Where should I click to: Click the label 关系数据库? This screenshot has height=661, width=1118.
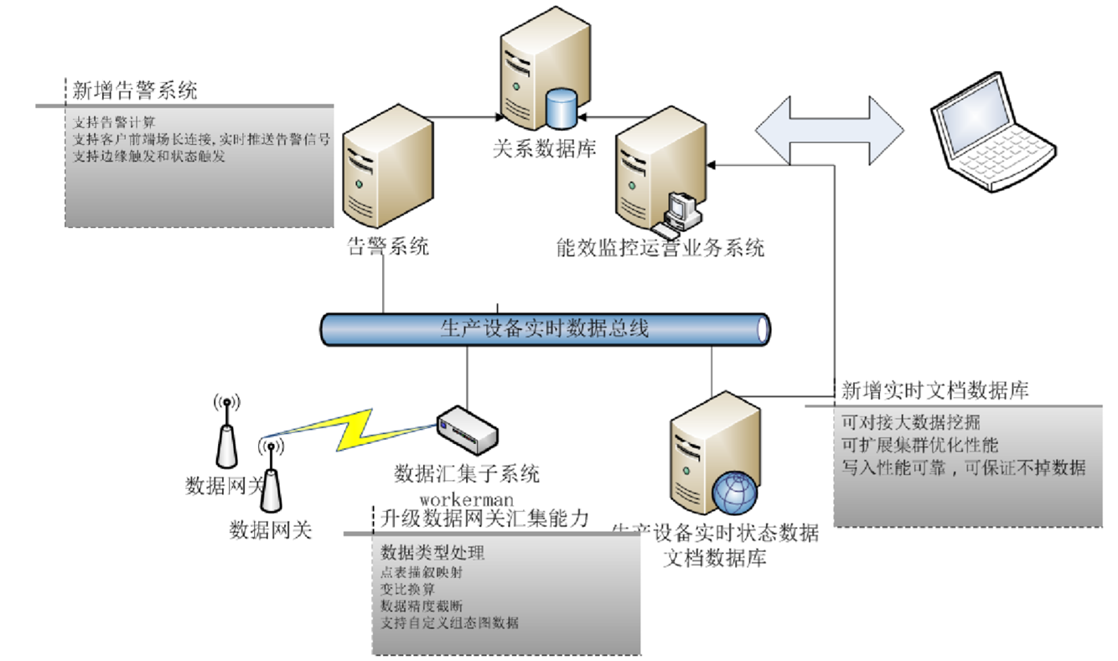[x=544, y=149]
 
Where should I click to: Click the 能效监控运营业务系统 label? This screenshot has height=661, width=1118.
[x=660, y=248]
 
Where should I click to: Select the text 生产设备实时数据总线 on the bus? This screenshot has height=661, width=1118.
[x=544, y=328]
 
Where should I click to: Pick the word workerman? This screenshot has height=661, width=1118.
[x=467, y=501]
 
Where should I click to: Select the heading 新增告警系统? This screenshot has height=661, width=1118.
[x=134, y=90]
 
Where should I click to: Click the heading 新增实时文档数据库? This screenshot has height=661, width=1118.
[x=935, y=390]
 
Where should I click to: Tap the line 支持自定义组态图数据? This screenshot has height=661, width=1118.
[x=450, y=622]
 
